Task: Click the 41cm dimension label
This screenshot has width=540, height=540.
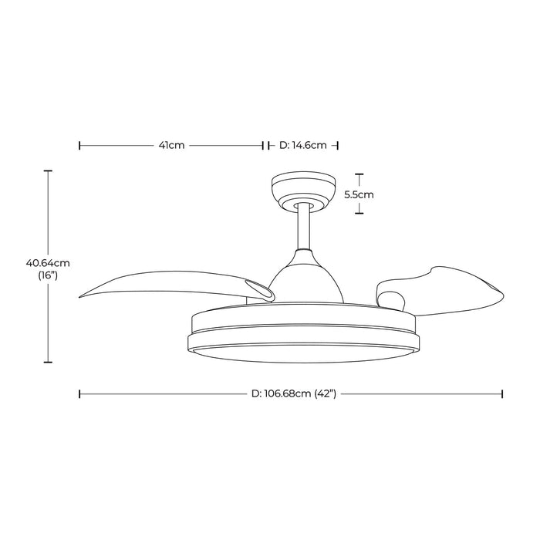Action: point(170,145)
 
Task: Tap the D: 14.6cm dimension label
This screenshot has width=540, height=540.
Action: point(303,145)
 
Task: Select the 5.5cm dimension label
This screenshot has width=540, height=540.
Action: point(359,194)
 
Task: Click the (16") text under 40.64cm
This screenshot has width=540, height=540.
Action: point(49,275)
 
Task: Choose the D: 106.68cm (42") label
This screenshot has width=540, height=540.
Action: point(291,393)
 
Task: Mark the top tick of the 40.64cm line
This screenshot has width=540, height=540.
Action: point(49,170)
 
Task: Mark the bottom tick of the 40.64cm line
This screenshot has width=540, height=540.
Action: point(49,361)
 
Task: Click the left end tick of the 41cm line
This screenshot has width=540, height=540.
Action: point(80,145)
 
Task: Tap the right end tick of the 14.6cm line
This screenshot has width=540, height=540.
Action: point(339,145)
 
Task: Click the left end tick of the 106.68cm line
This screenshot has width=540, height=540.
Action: point(80,393)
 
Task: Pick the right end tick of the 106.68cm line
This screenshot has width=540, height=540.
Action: point(503,393)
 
